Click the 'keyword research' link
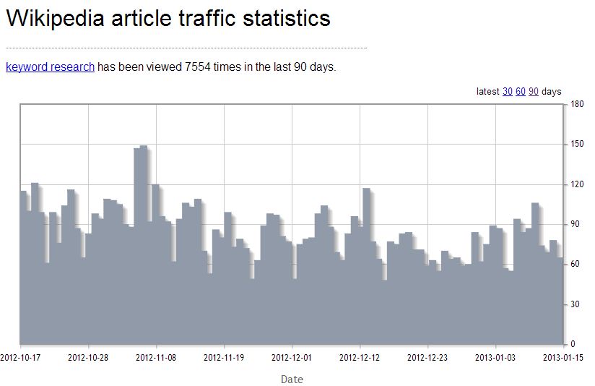50,67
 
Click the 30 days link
508,92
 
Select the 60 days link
521,92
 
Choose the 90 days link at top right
534,92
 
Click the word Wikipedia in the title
54,19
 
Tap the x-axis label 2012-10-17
20,356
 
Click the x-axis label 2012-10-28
88,356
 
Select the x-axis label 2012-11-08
156,356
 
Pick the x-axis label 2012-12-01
292,356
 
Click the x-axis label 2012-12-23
428,356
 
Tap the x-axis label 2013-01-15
563,356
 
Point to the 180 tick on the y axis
577,104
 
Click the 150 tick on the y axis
577,144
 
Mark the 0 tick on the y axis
573,344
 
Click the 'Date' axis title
292,379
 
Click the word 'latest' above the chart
488,92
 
